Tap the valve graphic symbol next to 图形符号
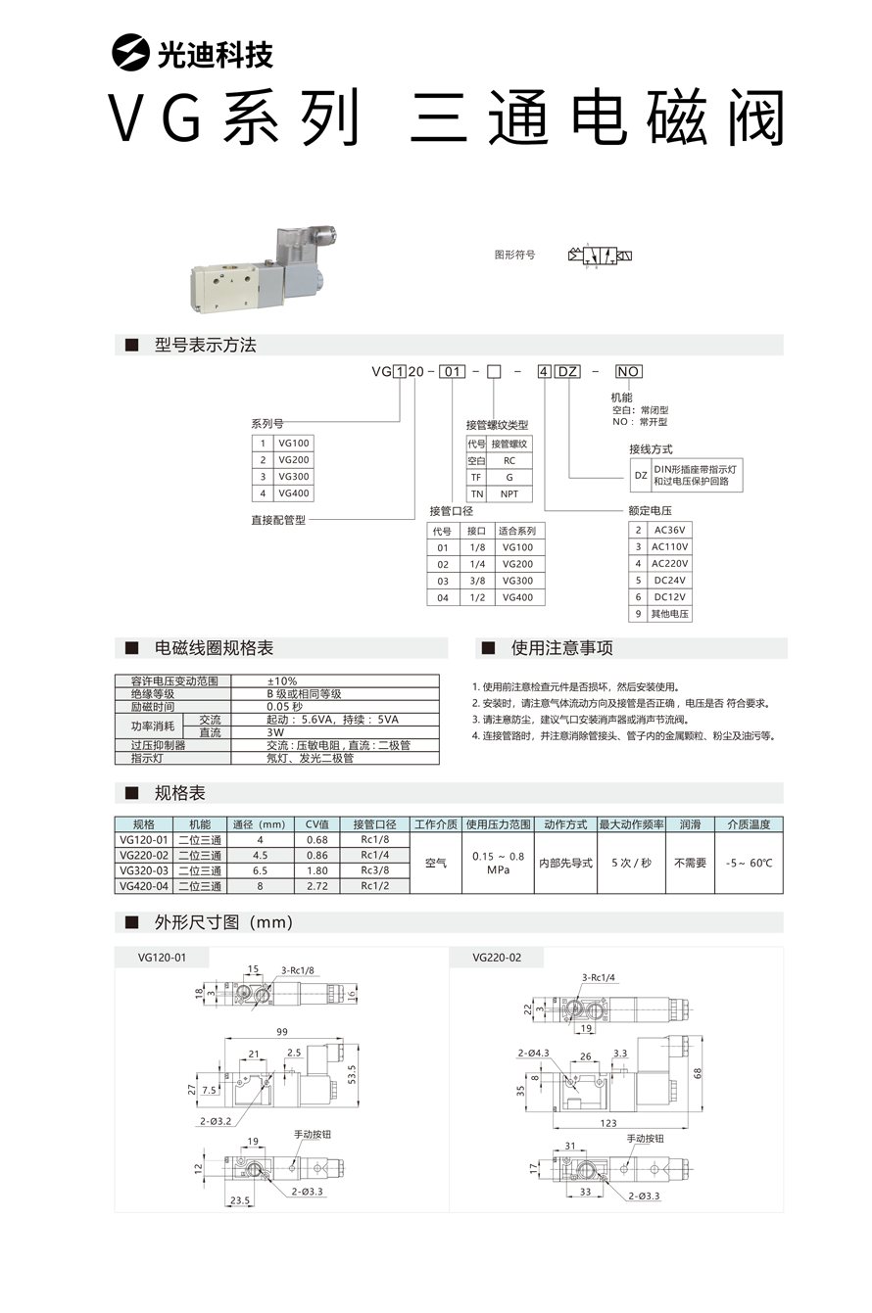click(x=600, y=257)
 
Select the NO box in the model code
click(x=628, y=372)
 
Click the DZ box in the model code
click(x=568, y=372)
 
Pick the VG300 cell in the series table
click(x=294, y=477)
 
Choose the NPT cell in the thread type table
click(x=509, y=493)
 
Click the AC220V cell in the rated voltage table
click(x=670, y=564)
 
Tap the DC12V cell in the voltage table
click(x=670, y=597)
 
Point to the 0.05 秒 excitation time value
click(x=285, y=707)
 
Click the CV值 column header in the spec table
click(x=316, y=824)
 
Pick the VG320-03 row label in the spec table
click(x=144, y=870)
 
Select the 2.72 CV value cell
click(x=316, y=886)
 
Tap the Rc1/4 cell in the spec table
click(x=374, y=855)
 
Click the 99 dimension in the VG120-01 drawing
click(x=281, y=1032)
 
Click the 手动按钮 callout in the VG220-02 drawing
click(x=646, y=1139)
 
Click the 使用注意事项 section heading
click(x=561, y=649)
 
